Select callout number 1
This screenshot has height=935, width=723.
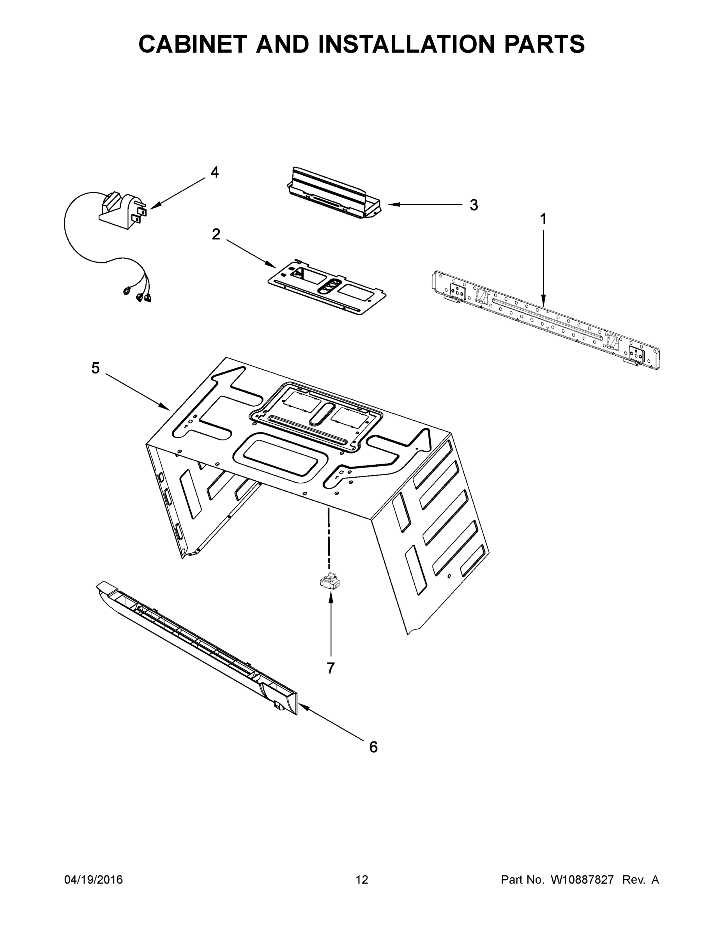click(x=543, y=219)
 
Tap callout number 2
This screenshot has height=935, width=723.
click(x=216, y=234)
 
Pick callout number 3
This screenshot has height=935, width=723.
click(x=473, y=205)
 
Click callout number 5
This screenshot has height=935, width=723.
click(x=95, y=368)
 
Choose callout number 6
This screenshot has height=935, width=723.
click(x=373, y=747)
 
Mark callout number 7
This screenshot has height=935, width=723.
click(x=330, y=668)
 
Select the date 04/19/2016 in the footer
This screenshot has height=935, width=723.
click(x=94, y=880)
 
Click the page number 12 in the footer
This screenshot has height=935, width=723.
click(x=362, y=880)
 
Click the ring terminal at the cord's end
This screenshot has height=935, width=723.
click(x=127, y=291)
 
